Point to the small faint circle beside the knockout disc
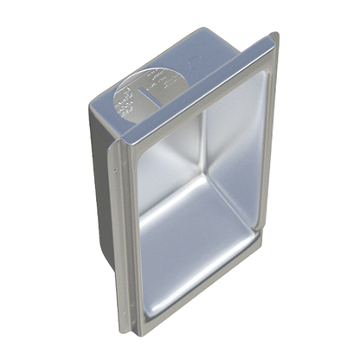(190, 62)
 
